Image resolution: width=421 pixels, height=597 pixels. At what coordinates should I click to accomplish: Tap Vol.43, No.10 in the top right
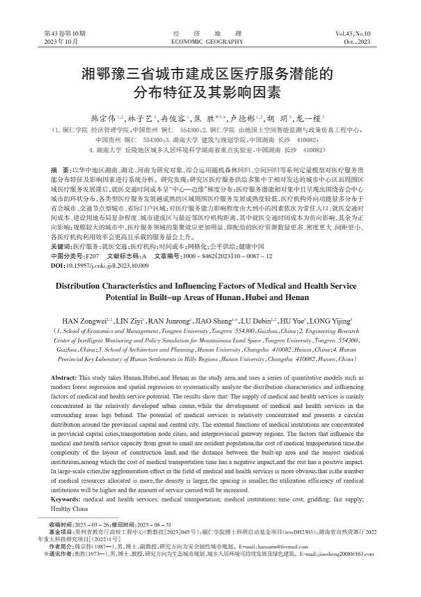[x=358, y=33]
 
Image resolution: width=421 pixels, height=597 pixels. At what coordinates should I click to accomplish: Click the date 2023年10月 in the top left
[x=58, y=43]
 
